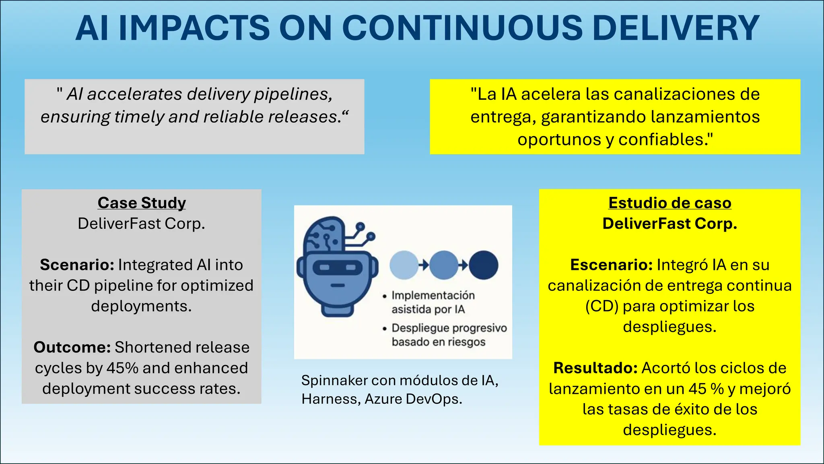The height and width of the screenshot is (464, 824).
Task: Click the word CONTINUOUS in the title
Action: coord(462,28)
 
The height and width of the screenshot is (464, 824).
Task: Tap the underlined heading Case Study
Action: coord(142,203)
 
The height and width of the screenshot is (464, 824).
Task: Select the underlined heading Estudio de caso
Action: coord(669,203)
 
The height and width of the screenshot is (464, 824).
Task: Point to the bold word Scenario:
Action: coord(77,265)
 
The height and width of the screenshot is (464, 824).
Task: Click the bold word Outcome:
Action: coord(72,347)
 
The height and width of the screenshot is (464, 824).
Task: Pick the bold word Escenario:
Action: coord(611,265)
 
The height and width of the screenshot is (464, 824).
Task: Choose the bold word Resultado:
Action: coord(595,368)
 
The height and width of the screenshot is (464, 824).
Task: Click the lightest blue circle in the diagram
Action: coord(404,265)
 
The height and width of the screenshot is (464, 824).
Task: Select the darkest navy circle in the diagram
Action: coord(484,265)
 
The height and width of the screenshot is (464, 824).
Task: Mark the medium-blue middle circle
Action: coord(443,265)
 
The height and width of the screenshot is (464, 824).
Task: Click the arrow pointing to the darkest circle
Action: coord(463,265)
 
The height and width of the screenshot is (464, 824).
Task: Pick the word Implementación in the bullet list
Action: coord(433,296)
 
